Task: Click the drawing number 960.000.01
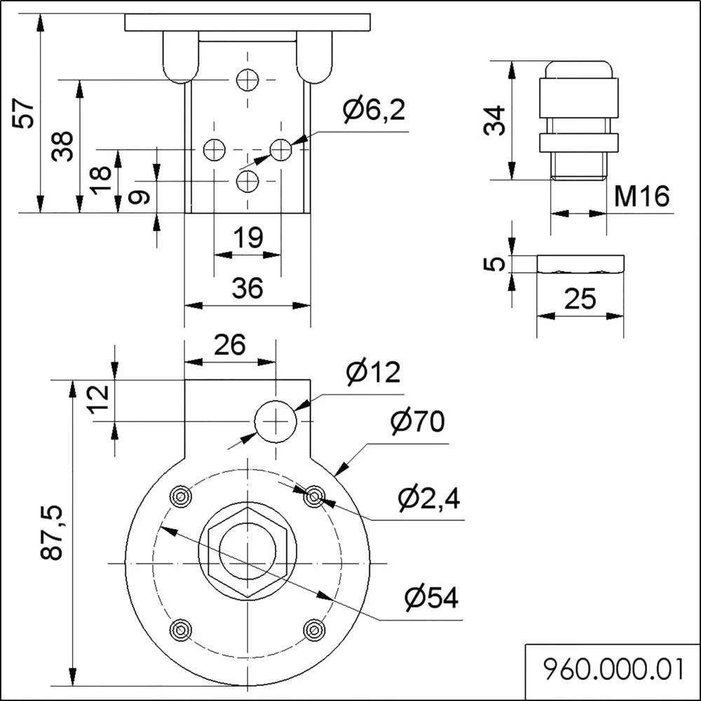[612, 669]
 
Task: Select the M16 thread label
[641, 197]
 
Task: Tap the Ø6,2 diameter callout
[374, 109]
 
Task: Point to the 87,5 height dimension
[52, 533]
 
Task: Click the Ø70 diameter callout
[418, 422]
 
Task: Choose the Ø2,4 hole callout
[429, 498]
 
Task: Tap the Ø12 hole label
[373, 372]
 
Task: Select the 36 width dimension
[247, 288]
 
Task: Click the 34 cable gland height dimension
[494, 121]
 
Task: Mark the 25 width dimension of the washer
[580, 299]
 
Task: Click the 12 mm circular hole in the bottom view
[275, 421]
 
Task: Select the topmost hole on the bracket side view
[247, 80]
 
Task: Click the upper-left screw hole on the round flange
[181, 497]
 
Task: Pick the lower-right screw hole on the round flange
[314, 629]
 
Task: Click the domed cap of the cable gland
[578, 69]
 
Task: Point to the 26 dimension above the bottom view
[229, 344]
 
